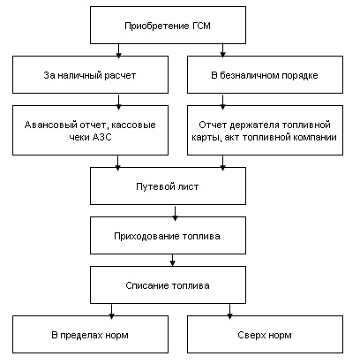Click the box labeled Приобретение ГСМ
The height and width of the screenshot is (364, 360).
click(168, 26)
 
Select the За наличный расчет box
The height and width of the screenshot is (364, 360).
click(90, 75)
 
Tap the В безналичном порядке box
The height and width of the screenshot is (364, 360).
click(265, 75)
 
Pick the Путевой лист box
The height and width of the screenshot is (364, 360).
click(168, 186)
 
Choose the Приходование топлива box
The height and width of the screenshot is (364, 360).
click(168, 236)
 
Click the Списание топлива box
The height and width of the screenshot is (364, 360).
click(168, 285)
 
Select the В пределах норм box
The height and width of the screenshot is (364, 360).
click(90, 335)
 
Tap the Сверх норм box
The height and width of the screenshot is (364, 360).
click(265, 335)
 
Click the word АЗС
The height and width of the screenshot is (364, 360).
click(102, 137)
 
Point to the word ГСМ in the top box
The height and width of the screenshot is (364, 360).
click(202, 26)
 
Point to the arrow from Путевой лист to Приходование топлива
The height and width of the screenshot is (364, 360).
click(175, 213)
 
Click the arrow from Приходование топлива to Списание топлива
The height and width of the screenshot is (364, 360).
click(173, 260)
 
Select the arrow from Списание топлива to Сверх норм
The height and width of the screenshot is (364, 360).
click(229, 311)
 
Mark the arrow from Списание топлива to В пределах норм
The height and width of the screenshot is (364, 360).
click(111, 311)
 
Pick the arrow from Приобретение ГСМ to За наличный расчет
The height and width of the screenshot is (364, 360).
click(118, 50)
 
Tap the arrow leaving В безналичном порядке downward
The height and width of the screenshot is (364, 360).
click(222, 102)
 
